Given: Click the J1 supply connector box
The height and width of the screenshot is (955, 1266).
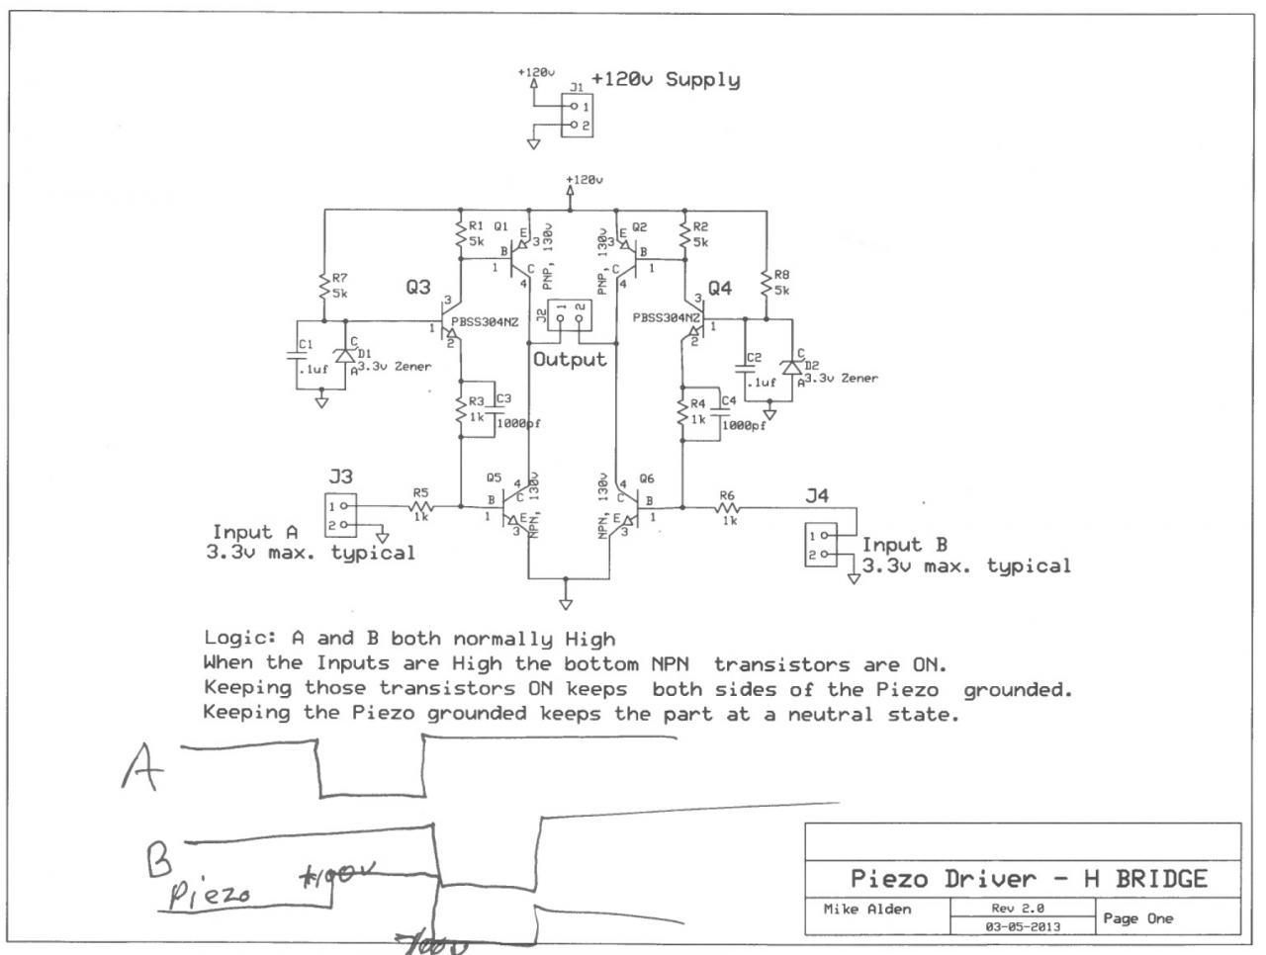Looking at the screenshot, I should pyautogui.click(x=577, y=116).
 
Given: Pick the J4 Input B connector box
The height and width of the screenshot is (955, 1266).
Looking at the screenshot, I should pyautogui.click(x=820, y=545).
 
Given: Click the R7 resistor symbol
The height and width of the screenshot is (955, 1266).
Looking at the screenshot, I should pyautogui.click(x=324, y=288).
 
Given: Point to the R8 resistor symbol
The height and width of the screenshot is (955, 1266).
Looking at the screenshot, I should pyautogui.click(x=766, y=283).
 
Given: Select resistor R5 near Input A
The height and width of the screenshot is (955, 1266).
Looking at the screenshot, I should pyautogui.click(x=420, y=506).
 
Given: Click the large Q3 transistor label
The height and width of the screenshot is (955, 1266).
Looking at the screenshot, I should pyautogui.click(x=417, y=287).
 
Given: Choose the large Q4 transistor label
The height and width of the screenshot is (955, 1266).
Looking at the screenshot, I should pyautogui.click(x=719, y=288).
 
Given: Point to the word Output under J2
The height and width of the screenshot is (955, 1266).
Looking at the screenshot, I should pyautogui.click(x=569, y=359).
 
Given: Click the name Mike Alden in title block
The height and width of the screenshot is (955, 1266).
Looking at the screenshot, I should pyautogui.click(x=867, y=910).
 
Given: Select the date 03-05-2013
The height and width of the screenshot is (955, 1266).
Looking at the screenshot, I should pyautogui.click(x=1023, y=927).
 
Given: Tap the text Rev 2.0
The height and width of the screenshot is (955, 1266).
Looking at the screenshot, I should pyautogui.click(x=1019, y=908).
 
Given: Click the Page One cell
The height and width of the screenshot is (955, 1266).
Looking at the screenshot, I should pyautogui.click(x=1139, y=918).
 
